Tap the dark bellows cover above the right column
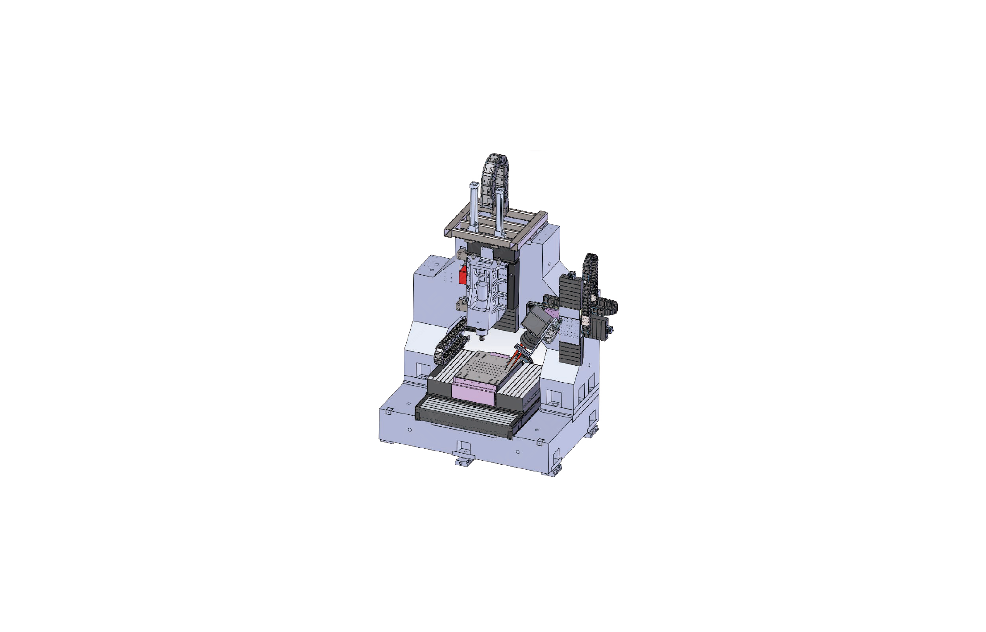(571, 290)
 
